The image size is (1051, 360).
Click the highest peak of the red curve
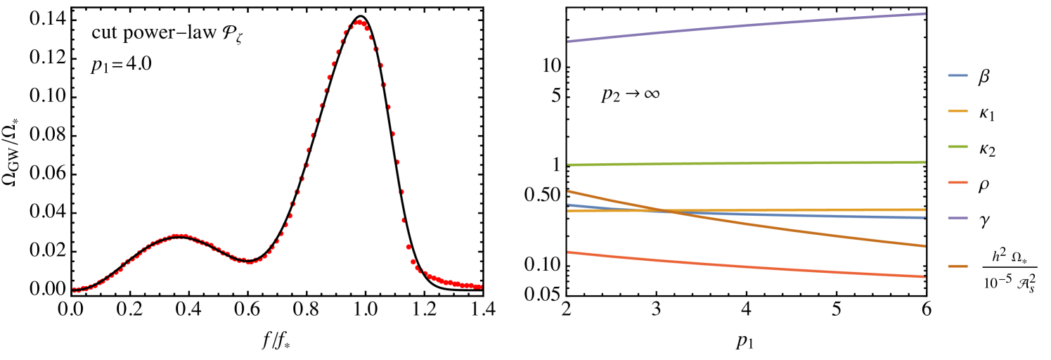[360, 23]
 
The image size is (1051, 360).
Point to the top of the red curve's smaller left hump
[180, 236]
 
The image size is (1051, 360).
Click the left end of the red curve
[74, 289]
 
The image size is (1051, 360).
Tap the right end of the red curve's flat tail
[481, 286]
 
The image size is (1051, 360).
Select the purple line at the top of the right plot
[745, 26]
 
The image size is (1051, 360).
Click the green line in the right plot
[745, 163]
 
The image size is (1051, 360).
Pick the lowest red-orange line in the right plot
[745, 265]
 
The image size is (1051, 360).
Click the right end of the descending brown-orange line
[924, 246]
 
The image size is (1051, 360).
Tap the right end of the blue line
[924, 218]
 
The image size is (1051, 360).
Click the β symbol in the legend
[984, 77]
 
